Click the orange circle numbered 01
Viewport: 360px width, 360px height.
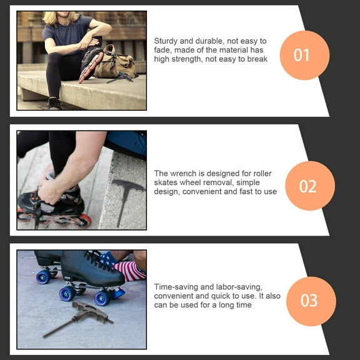point(304,55)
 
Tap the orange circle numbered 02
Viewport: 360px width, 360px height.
point(310,186)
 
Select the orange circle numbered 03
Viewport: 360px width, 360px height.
point(311,301)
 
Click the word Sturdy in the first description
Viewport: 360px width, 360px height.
point(166,41)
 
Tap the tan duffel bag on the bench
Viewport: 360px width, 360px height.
point(114,61)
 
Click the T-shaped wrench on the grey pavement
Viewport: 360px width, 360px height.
point(78,319)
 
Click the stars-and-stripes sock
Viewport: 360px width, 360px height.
point(124,267)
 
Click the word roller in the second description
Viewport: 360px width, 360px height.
point(262,174)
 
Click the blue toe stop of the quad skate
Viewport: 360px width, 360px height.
point(119,293)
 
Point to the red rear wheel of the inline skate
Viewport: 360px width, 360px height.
point(84,221)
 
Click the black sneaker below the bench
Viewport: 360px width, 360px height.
point(54,103)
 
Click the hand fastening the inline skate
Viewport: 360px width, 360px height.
point(50,192)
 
